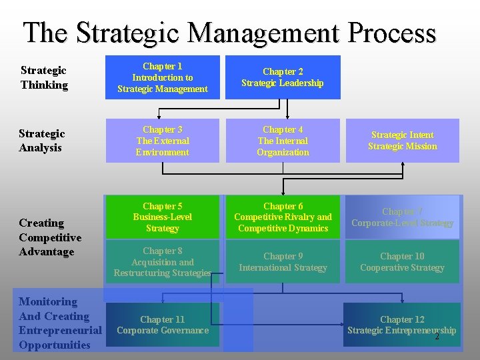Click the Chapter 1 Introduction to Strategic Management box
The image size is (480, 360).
(x=163, y=77)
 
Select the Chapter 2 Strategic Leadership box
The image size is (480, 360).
(x=283, y=77)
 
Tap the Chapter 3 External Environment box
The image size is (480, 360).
(x=163, y=141)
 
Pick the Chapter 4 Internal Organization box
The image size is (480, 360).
(x=283, y=141)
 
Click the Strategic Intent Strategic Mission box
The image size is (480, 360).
(x=403, y=141)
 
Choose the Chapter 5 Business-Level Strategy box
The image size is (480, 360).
(x=163, y=217)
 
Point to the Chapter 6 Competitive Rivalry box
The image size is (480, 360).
(x=283, y=217)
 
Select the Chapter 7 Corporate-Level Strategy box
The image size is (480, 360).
(x=403, y=217)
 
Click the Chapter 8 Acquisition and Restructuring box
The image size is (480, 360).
(x=163, y=262)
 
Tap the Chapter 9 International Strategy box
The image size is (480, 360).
(x=283, y=262)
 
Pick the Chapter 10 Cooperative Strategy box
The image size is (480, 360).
(x=403, y=262)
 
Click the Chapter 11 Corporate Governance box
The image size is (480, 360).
(x=163, y=325)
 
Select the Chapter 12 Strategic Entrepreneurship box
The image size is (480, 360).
(x=402, y=325)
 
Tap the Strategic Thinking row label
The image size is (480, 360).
(x=44, y=77)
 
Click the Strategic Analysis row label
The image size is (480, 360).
(x=43, y=141)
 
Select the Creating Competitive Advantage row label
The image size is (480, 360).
(x=50, y=237)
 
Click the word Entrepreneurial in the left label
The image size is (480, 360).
(x=60, y=331)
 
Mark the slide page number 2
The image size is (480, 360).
(x=437, y=337)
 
